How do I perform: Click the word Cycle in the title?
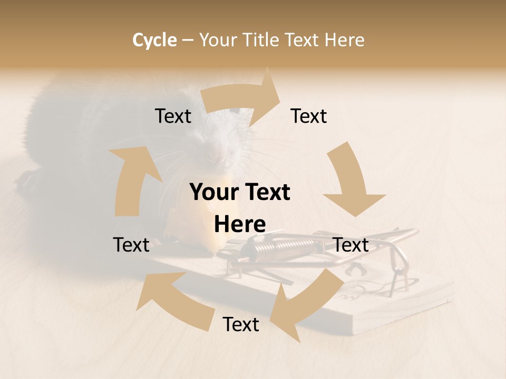pyautogui.click(x=154, y=40)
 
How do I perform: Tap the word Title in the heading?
pyautogui.click(x=264, y=40)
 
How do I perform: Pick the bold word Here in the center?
pyautogui.click(x=240, y=224)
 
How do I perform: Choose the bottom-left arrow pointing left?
pyautogui.click(x=169, y=292)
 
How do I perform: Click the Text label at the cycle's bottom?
pyautogui.click(x=241, y=324)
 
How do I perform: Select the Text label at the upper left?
pyautogui.click(x=173, y=116)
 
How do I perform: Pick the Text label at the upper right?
pyautogui.click(x=309, y=116)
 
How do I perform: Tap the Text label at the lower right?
pyautogui.click(x=351, y=245)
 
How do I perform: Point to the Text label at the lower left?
pyautogui.click(x=131, y=245)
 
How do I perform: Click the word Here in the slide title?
pyautogui.click(x=343, y=40)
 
